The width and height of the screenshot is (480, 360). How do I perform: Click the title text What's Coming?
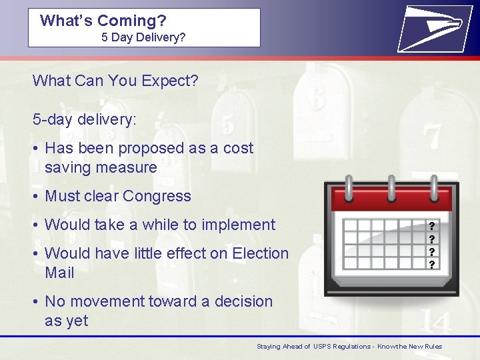[103, 20]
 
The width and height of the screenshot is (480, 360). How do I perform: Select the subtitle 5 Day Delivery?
[143, 37]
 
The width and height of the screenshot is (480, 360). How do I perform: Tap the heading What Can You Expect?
[115, 81]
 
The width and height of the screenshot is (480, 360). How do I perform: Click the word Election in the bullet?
[259, 253]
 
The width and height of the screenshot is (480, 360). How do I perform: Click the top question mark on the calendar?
[432, 226]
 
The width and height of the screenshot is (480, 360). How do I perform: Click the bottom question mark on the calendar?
[432, 265]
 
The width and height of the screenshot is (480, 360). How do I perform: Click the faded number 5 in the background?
[228, 125]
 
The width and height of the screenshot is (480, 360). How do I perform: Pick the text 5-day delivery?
[85, 119]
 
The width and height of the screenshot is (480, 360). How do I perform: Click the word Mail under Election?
[59, 273]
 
